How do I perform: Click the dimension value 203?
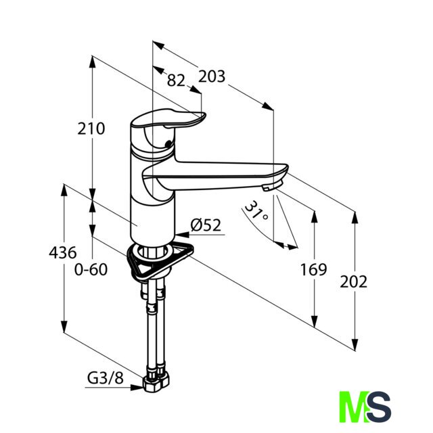point(212,76)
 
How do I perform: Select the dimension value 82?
point(176,81)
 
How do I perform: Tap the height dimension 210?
point(91,129)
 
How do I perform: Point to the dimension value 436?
point(63,252)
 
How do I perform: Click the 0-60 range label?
point(91,269)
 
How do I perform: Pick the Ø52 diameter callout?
point(206,225)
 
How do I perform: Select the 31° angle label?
point(256,210)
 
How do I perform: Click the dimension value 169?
point(313,269)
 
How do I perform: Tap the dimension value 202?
point(353,282)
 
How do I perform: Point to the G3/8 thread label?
point(106,378)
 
